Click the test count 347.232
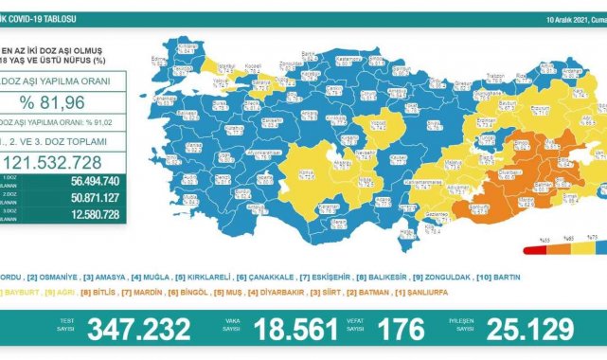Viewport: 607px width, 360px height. [138, 329]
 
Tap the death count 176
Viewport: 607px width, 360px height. [402, 329]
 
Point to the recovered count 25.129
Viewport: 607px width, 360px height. [529, 329]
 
